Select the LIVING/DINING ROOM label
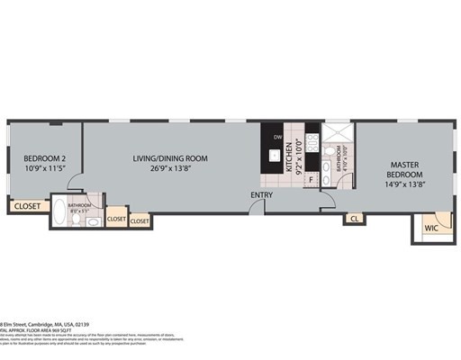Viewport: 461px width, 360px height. point(170,158)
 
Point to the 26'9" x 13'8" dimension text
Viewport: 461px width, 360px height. point(170,168)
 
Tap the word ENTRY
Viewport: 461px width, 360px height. point(262,195)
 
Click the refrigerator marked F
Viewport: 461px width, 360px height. point(311,179)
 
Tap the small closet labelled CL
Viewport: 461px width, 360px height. point(355,218)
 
